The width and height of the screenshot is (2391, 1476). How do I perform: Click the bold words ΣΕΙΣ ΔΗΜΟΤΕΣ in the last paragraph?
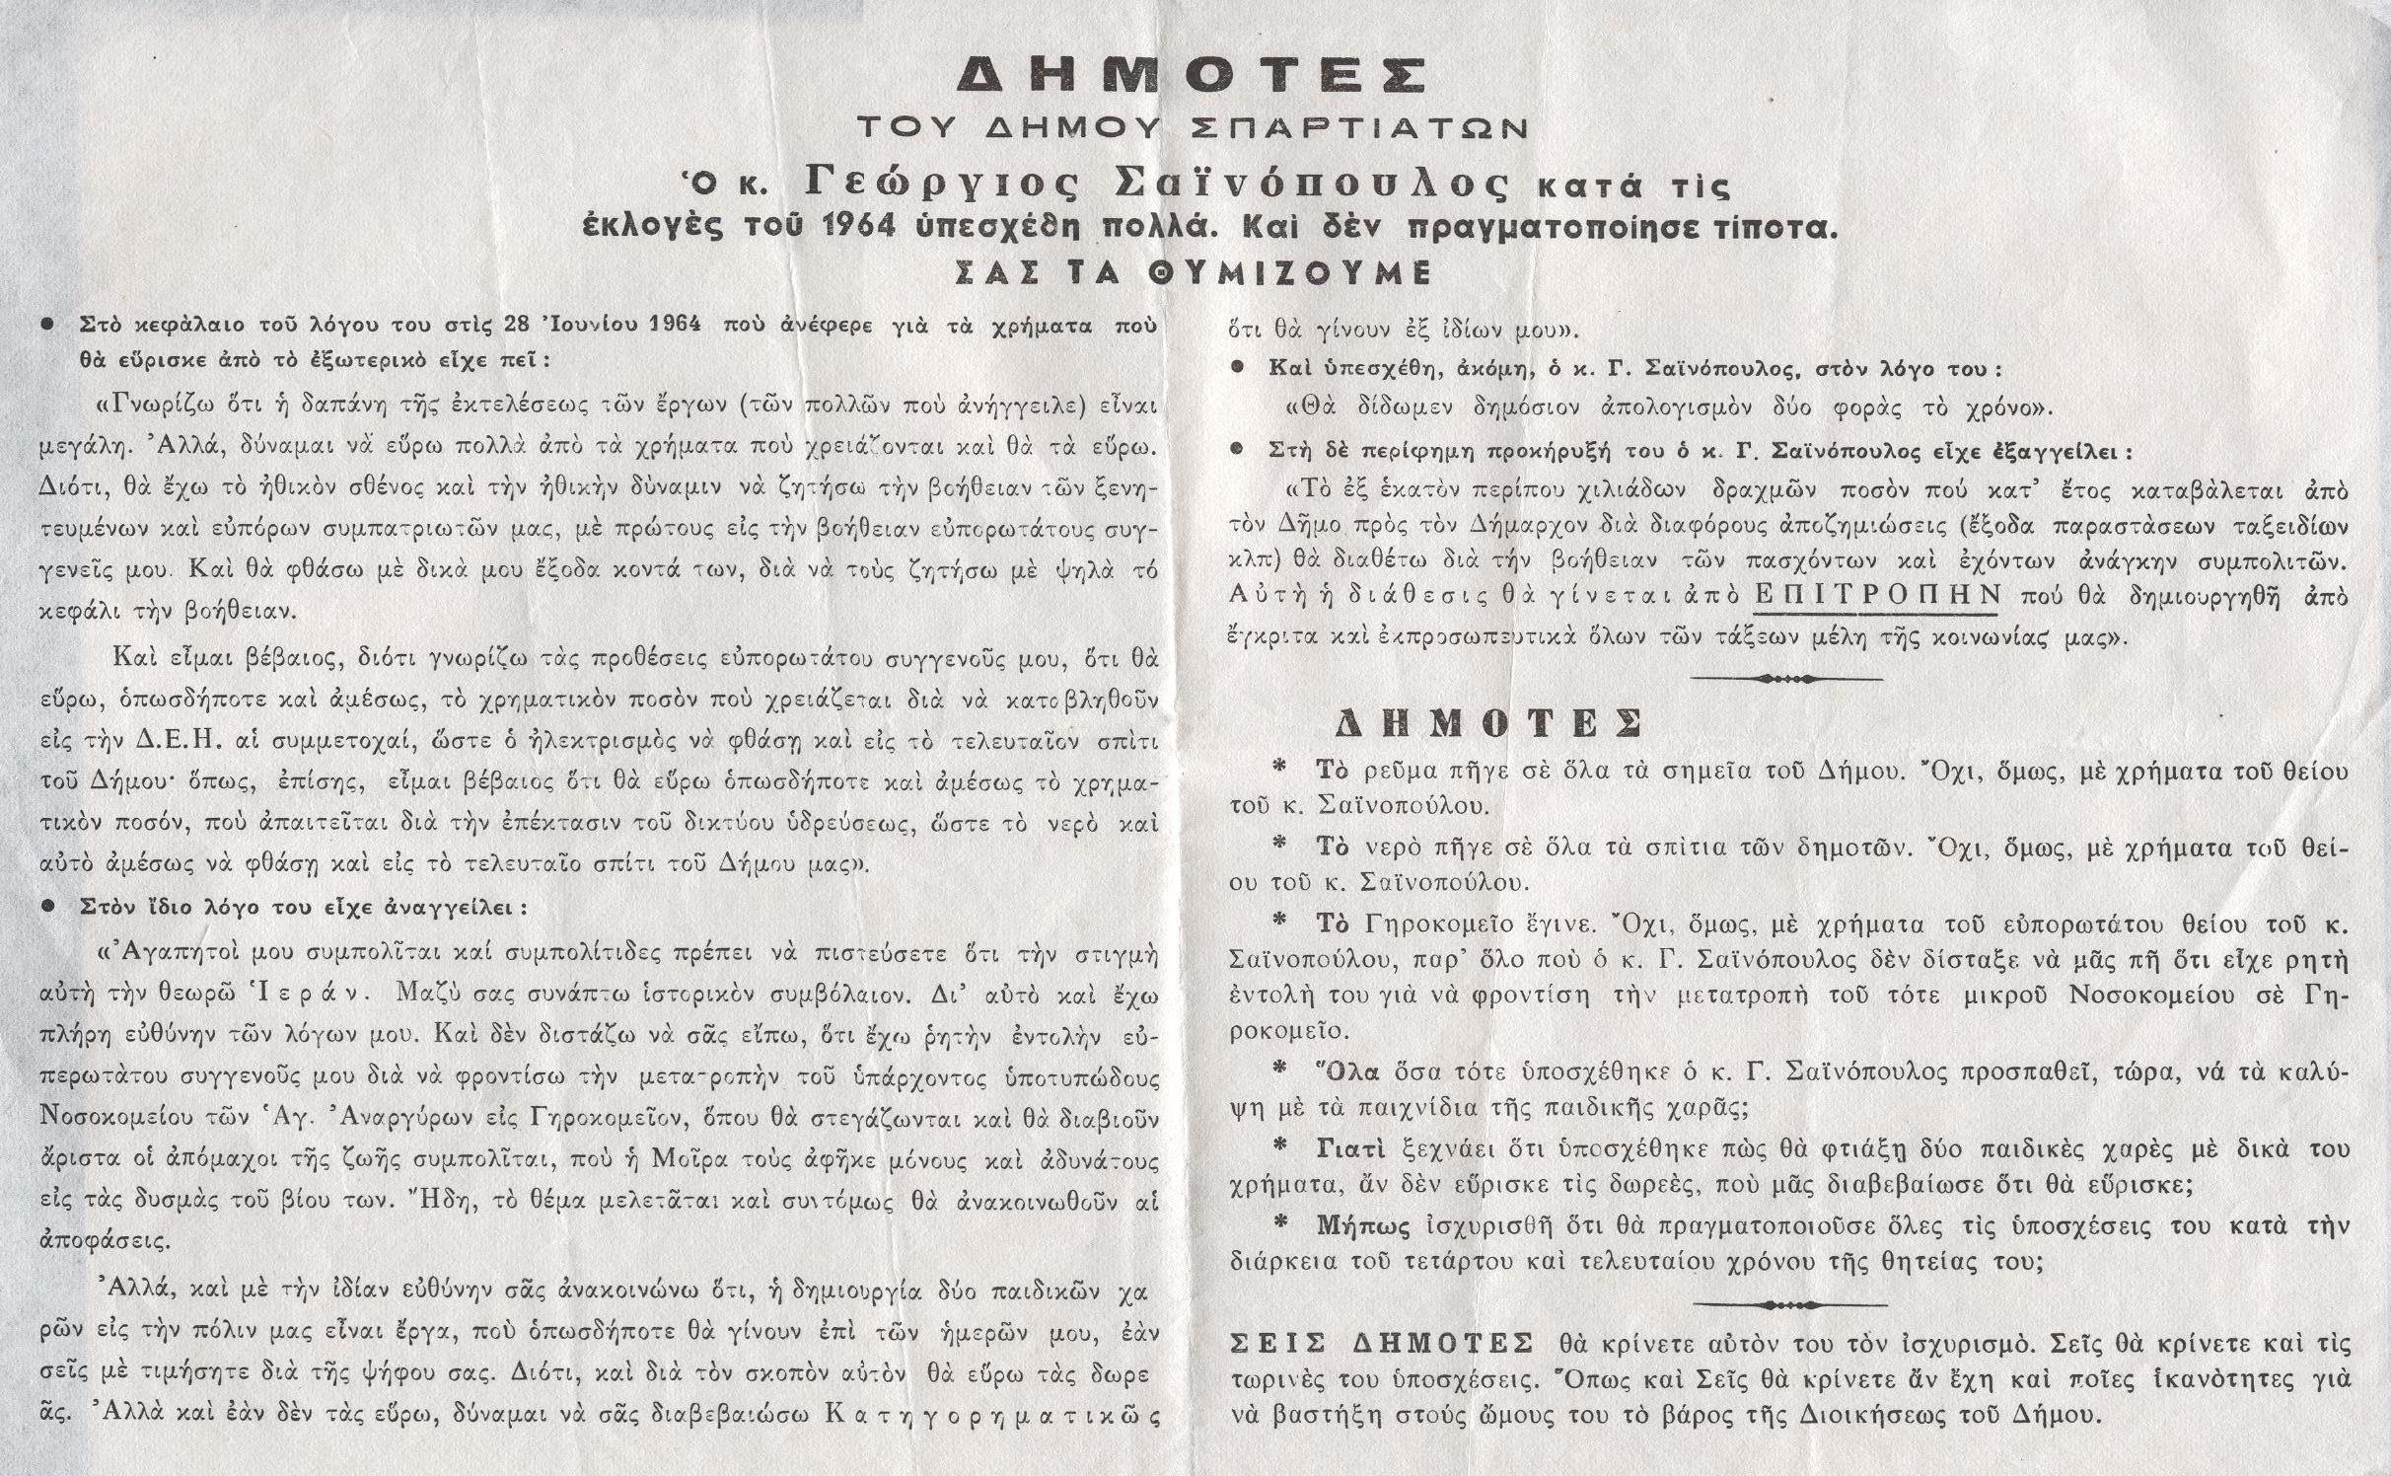1381,1344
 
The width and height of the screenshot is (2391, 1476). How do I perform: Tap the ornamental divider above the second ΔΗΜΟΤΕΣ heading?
1786,679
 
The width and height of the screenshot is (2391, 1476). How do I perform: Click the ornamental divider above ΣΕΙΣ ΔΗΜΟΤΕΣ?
1786,1304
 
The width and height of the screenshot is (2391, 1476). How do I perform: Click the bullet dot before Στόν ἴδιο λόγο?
46,908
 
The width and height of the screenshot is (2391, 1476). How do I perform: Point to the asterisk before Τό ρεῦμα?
1280,767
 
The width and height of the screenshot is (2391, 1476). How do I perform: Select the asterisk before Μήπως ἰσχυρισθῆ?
1280,1223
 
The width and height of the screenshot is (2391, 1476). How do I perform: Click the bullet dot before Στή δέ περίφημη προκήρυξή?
1237,450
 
